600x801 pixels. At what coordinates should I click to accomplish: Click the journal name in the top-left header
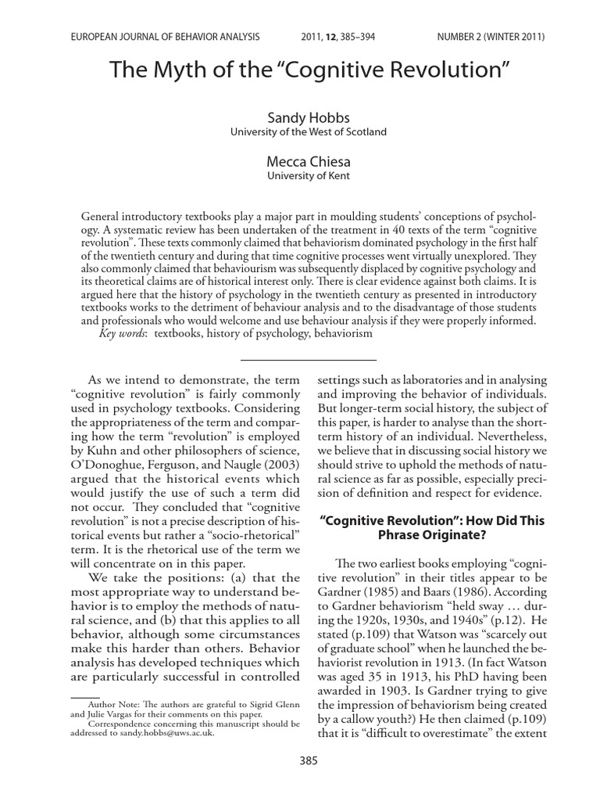(165, 36)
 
